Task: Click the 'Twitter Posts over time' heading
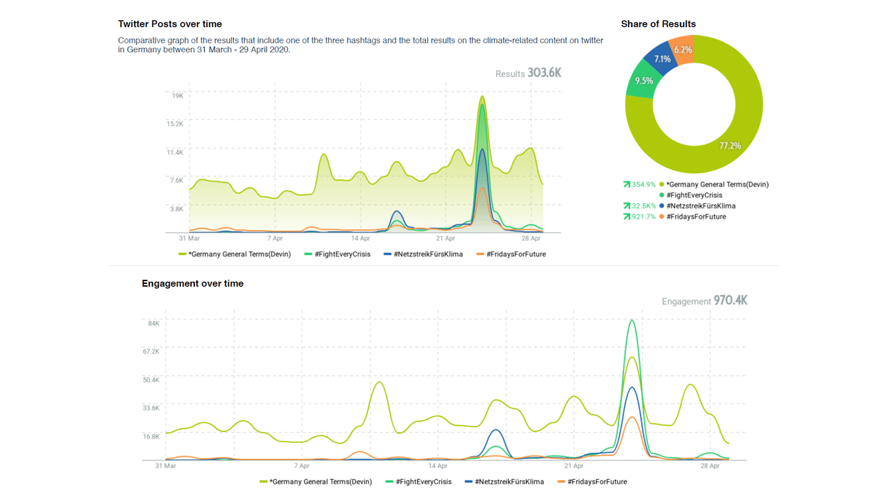170,24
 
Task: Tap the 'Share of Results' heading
658,24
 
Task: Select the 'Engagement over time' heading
193,283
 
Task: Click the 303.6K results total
544,73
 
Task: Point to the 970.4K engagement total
730,301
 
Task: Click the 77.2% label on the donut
730,146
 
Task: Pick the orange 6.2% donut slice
683,50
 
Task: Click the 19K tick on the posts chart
178,96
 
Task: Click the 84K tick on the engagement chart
153,323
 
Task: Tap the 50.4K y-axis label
151,380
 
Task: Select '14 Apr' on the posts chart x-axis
361,238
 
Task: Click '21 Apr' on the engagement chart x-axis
574,466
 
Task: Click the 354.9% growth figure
643,185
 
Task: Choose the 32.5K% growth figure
643,206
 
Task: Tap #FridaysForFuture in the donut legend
696,217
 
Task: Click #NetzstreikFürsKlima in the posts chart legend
427,254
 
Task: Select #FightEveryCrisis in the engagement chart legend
423,482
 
